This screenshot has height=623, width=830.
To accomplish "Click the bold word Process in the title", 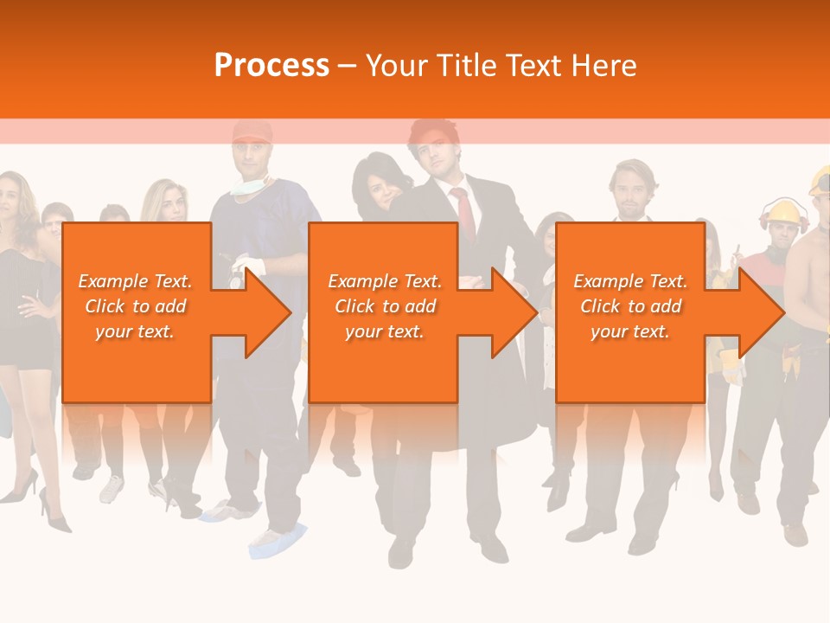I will pyautogui.click(x=271, y=65).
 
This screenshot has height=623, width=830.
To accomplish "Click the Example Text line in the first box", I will pyautogui.click(x=135, y=280).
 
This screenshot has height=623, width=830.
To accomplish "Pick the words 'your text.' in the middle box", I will pyautogui.click(x=384, y=331).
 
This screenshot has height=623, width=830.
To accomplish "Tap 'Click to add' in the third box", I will pyautogui.click(x=630, y=306).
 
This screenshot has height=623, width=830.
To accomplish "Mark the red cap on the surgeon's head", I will pyautogui.click(x=252, y=132).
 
